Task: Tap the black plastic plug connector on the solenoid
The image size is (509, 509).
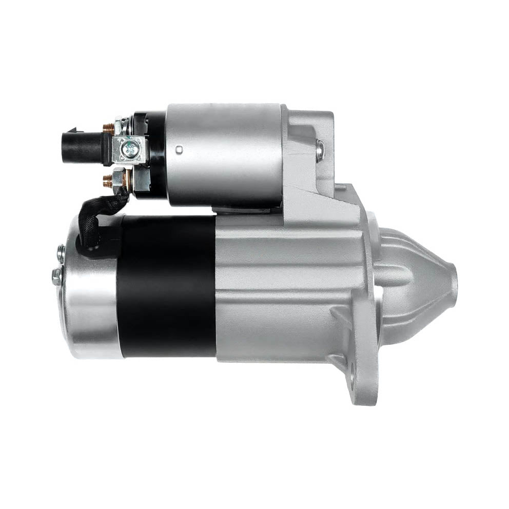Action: [82, 148]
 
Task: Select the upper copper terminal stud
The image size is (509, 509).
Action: [108, 129]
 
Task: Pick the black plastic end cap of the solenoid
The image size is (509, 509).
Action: [151, 154]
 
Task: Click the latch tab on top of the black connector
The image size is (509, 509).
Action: [74, 130]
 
